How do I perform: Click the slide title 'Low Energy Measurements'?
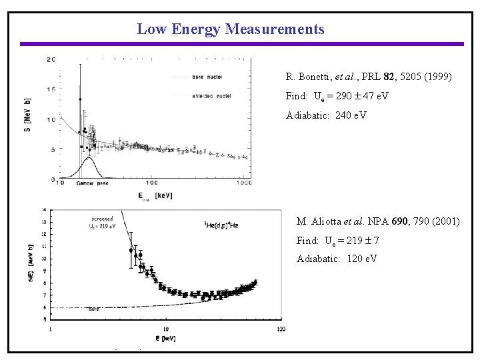coord(230,29)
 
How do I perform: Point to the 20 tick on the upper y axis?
coord(51,60)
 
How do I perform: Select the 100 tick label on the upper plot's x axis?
coord(151,183)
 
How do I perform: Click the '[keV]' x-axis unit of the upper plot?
coord(163,195)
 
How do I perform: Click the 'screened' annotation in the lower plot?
coord(102,219)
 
